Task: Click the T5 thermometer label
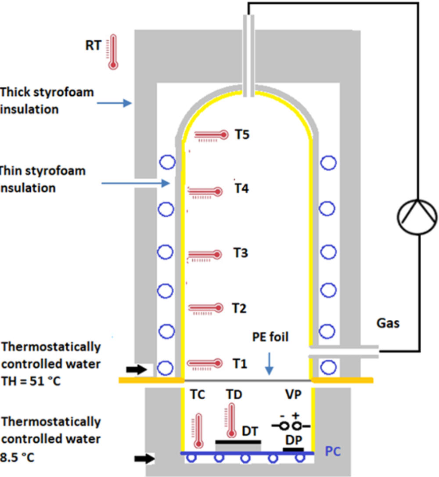241,135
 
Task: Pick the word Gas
388,323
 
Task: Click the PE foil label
270,338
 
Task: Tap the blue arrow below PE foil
270,364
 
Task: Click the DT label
251,432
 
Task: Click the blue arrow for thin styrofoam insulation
136,183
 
